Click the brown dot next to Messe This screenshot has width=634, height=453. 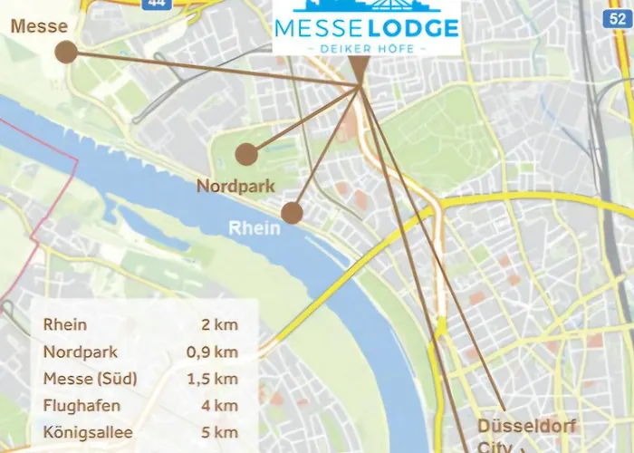click(65, 52)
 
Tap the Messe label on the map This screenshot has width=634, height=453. click(39, 26)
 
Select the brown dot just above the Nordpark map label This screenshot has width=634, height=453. click(246, 154)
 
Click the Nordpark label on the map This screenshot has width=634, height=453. click(235, 187)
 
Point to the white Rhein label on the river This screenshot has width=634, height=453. click(254, 228)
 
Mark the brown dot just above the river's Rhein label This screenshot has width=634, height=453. click(292, 213)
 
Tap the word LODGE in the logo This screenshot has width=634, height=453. click(411, 27)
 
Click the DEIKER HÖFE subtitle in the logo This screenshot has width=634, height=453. click(366, 47)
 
